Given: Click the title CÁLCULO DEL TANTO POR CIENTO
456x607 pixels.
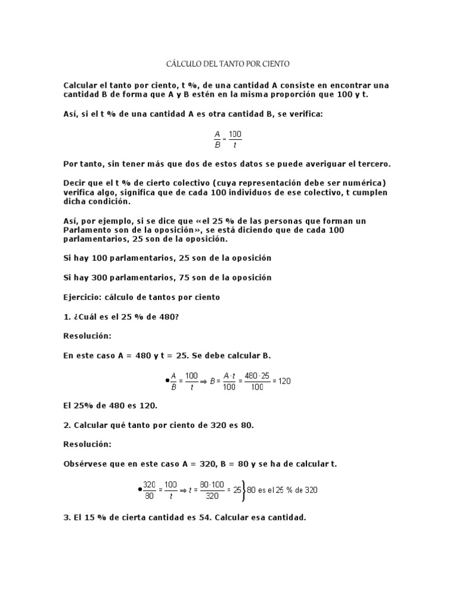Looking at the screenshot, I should [228, 63].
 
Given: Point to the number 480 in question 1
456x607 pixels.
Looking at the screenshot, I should [166, 317].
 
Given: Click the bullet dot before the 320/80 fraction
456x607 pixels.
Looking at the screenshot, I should [140, 490].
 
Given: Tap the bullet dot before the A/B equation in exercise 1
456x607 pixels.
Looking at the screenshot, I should [167, 381].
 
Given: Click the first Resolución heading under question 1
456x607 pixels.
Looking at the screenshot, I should [87, 336].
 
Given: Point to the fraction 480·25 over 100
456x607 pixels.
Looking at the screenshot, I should [256, 381].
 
